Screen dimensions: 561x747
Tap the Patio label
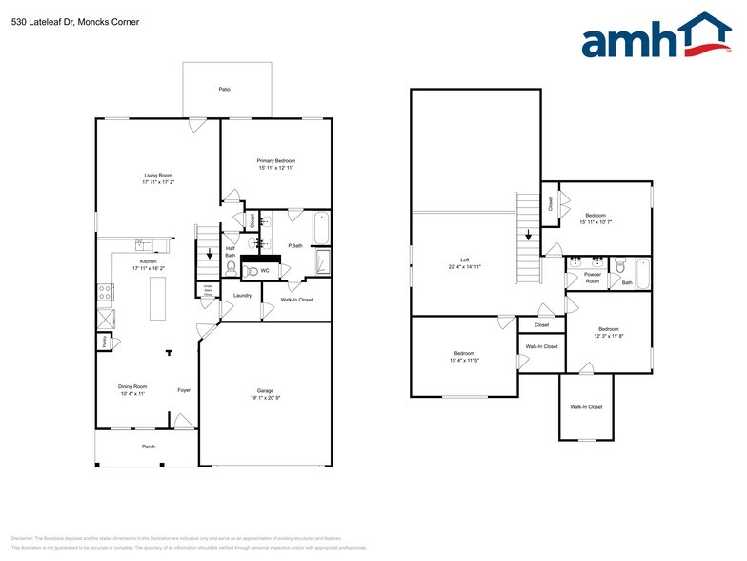click(224, 89)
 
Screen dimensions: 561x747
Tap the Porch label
click(149, 447)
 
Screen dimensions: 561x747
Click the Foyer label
click(184, 390)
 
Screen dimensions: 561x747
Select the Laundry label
click(242, 296)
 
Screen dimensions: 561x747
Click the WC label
click(267, 271)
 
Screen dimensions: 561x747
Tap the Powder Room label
click(592, 279)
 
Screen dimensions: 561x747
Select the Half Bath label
click(230, 252)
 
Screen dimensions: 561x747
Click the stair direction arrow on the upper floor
click(528, 235)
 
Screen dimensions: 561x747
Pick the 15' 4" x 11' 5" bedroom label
click(464, 357)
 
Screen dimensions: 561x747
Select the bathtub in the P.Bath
click(321, 228)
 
